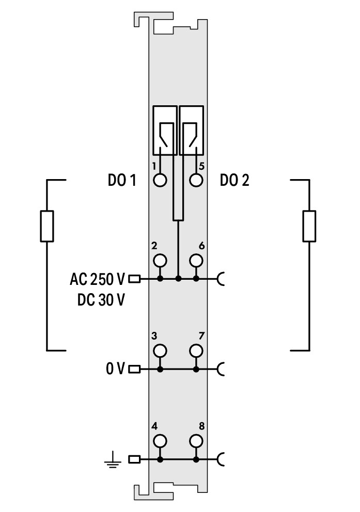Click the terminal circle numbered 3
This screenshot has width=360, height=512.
(x=160, y=350)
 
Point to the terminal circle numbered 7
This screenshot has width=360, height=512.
(x=195, y=350)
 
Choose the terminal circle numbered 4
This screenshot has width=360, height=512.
(x=160, y=441)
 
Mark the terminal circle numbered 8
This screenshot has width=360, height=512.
(x=195, y=441)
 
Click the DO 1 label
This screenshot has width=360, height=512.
(x=121, y=181)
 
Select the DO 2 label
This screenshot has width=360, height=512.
(x=234, y=181)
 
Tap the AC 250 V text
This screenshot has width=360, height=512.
(x=97, y=279)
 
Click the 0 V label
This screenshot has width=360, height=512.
(x=115, y=369)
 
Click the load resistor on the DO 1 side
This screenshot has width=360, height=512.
(x=47, y=226)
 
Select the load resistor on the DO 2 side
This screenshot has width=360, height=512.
(x=309, y=226)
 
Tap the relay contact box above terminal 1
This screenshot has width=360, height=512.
(x=165, y=130)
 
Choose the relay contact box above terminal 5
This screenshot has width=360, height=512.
(x=191, y=130)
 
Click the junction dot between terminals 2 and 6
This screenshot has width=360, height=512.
(x=178, y=279)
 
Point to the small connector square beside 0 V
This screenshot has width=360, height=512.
(x=134, y=369)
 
